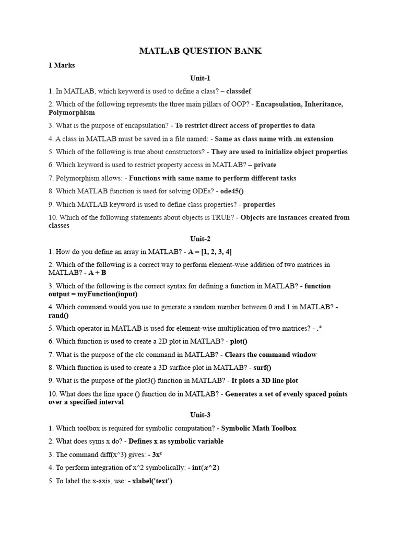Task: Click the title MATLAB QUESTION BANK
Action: click(x=200, y=51)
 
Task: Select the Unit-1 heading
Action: click(x=200, y=78)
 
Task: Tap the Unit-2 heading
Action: click(x=200, y=239)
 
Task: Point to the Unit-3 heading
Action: click(x=200, y=415)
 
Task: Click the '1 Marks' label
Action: click(x=62, y=65)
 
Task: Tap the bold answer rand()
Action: click(x=58, y=316)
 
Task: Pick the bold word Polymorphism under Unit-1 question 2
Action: click(x=72, y=112)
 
